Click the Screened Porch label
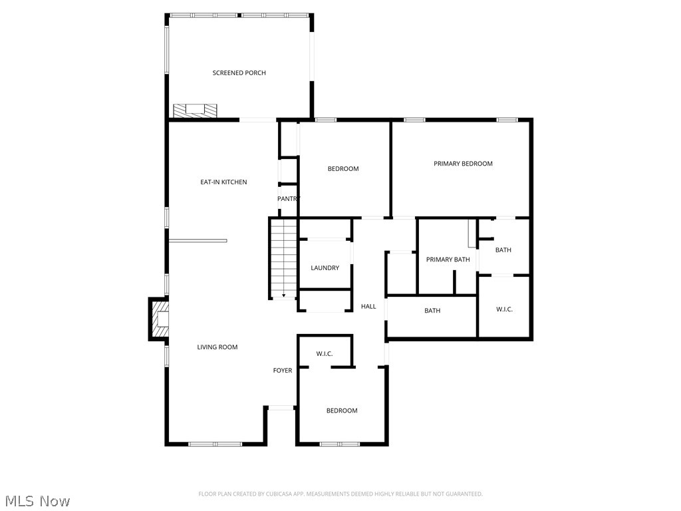[x=239, y=73]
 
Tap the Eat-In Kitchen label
[x=223, y=182]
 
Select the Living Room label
[x=217, y=347]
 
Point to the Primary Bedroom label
[x=463, y=164]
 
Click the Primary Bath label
[x=448, y=259]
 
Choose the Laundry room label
[x=325, y=268]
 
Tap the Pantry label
[x=289, y=199]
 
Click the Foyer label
[x=282, y=371]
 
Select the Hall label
[x=368, y=307]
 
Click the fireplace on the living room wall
[x=158, y=320]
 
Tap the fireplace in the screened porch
[x=195, y=110]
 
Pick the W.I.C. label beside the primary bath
[x=504, y=309]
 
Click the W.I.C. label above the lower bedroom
[x=325, y=353]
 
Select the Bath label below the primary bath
[x=432, y=311]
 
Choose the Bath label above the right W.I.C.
[x=503, y=250]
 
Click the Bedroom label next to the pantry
[x=343, y=169]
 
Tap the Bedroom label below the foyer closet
[x=342, y=411]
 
